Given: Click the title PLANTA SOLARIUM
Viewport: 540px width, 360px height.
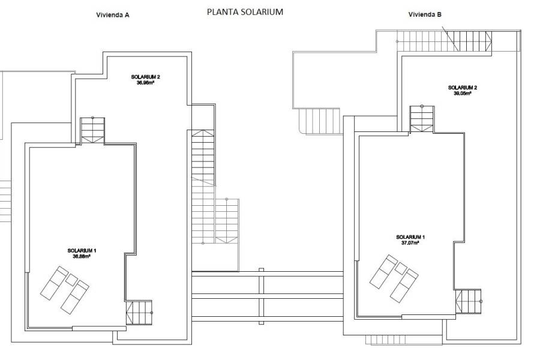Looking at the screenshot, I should point(244,11).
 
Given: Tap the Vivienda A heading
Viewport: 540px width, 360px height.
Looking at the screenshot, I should point(113,16).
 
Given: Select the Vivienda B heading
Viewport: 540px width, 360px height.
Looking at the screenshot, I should point(425,14).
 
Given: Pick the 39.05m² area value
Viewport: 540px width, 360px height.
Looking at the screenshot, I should point(463,93).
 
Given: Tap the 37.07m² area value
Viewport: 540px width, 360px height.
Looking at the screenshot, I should point(410,242).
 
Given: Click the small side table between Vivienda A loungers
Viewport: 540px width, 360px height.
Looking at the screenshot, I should point(71,279).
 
